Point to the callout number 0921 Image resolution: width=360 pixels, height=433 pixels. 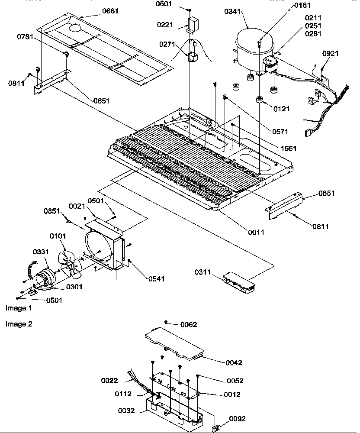click(331, 53)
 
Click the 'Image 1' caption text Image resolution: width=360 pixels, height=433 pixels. click(19, 308)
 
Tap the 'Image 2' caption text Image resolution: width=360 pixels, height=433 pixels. click(19, 324)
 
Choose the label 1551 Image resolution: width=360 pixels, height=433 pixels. click(288, 148)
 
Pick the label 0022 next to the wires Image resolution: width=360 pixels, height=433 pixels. click(110, 381)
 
